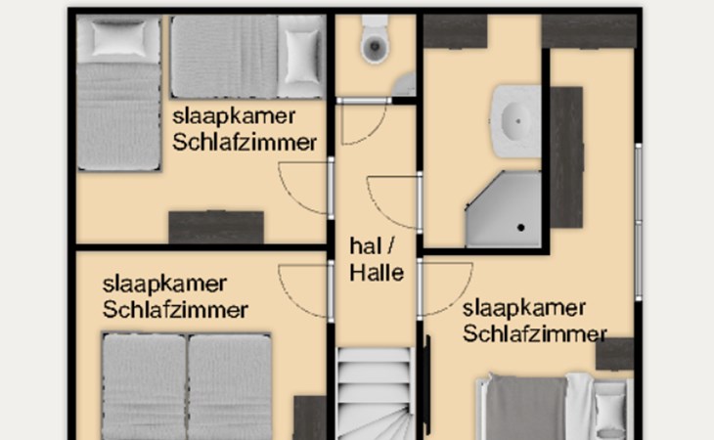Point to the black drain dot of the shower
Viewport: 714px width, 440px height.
coord(521,227)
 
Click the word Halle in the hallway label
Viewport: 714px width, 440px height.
coord(377,273)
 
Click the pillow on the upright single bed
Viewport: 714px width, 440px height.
coord(118,39)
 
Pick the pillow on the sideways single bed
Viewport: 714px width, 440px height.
coord(300,57)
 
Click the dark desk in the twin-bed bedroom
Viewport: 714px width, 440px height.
coord(216,227)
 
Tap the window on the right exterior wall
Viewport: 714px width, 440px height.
coord(639,222)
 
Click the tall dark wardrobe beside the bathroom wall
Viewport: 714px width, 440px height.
coord(566,157)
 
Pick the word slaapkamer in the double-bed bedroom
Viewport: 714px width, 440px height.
coord(164,285)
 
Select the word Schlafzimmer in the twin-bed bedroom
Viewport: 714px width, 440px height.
coord(245,143)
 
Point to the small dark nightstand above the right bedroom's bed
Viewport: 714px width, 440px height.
coord(615,354)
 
